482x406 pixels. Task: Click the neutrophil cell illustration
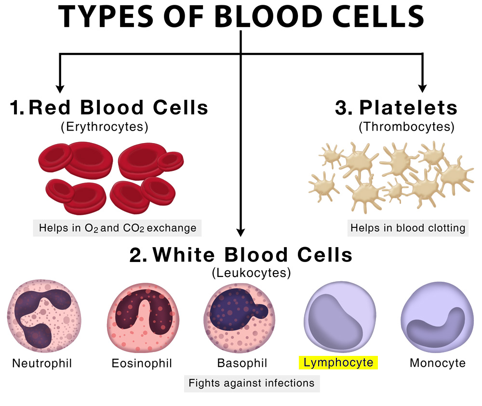(44, 316)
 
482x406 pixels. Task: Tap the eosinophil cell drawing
(143, 317)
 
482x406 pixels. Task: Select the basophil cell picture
(240, 318)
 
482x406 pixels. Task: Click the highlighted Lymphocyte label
(338, 363)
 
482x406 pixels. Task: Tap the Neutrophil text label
(42, 363)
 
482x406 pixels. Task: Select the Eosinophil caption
(142, 363)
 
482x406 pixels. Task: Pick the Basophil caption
(242, 363)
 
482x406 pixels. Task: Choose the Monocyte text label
(438, 363)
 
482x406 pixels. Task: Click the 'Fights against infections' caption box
(252, 383)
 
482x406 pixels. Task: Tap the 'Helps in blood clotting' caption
(408, 228)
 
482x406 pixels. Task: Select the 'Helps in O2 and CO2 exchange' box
(117, 228)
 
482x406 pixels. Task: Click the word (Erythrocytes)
(105, 127)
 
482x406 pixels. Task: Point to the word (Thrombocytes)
(406, 127)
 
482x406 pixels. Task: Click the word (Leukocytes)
(252, 273)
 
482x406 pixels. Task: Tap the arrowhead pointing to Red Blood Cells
(60, 89)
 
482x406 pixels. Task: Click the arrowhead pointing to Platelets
(423, 89)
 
